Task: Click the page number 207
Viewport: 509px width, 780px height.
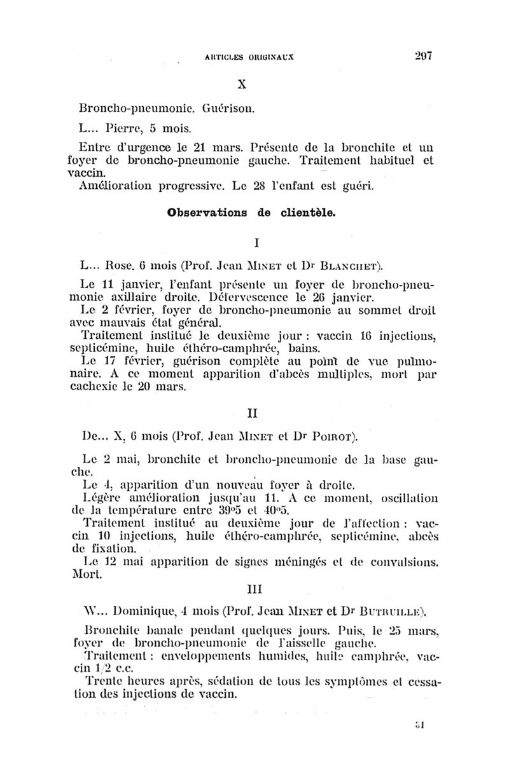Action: pos(421,55)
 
